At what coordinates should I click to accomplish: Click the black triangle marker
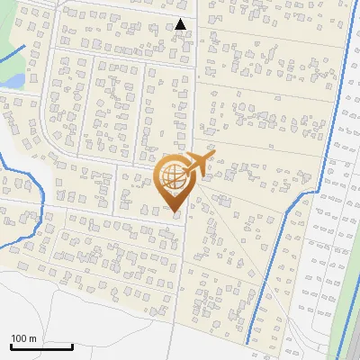click(181, 24)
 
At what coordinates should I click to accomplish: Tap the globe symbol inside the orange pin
click(175, 177)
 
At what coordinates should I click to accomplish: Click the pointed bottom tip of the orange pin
click(175, 212)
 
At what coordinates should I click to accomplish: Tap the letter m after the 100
click(32, 338)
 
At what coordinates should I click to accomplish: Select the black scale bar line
click(40, 346)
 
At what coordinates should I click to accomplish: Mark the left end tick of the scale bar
click(11, 345)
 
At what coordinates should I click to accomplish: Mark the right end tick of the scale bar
click(72, 345)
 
